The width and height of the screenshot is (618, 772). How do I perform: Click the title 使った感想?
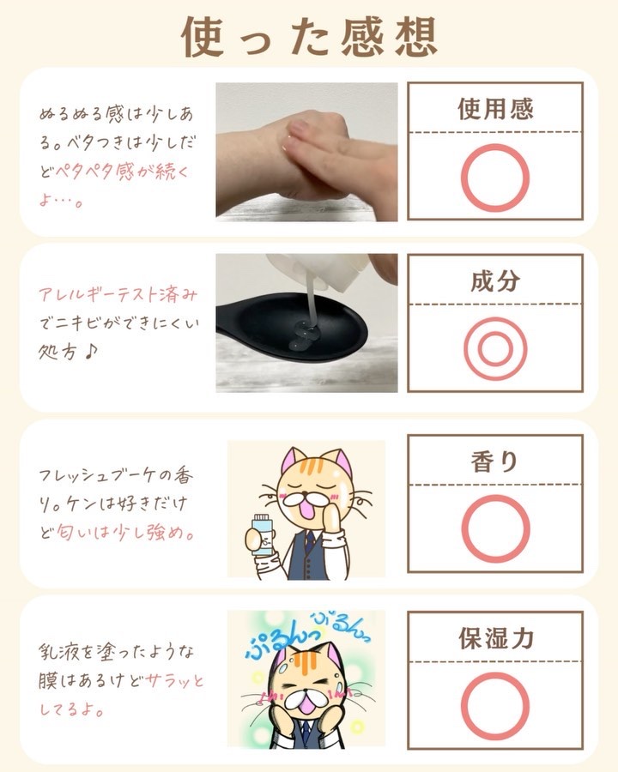click(309, 36)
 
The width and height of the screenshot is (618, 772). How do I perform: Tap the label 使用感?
click(495, 109)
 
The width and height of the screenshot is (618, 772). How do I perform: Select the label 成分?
click(495, 280)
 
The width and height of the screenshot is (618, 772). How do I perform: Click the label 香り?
click(494, 461)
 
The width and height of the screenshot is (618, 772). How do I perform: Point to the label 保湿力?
click(496, 638)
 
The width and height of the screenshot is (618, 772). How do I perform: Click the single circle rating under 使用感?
click(463, 178)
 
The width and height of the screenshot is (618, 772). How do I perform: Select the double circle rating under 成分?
click(466, 349)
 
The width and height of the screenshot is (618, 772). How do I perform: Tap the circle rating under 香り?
click(463, 528)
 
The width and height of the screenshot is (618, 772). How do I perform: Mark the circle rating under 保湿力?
click(463, 707)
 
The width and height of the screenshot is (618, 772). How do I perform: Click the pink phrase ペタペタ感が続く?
click(122, 172)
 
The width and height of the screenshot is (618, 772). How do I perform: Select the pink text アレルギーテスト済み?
click(118, 294)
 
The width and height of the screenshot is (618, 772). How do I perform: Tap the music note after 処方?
click(90, 352)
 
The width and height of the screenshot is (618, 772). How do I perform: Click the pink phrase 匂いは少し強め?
click(125, 533)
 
